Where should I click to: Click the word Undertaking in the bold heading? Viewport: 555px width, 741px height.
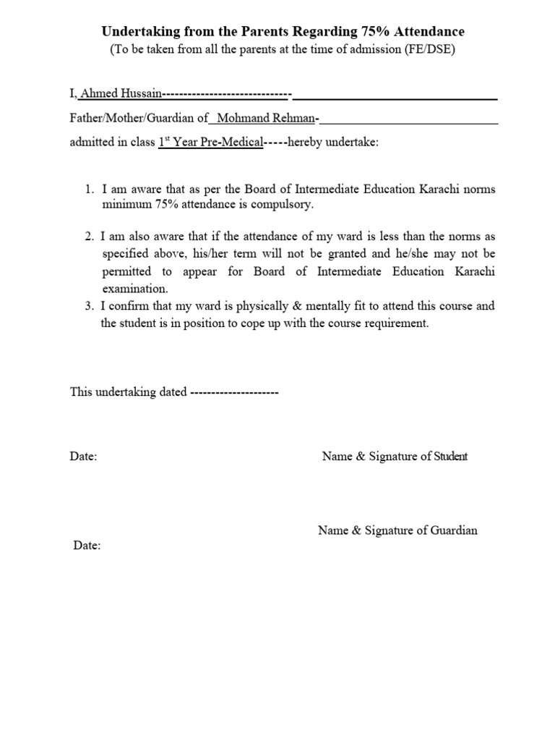point(137,32)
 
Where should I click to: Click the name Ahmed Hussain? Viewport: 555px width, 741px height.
point(121,94)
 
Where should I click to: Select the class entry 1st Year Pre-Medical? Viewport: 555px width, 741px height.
point(210,143)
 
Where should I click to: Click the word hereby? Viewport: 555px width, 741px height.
point(306,143)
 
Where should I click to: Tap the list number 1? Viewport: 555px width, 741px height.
point(88,189)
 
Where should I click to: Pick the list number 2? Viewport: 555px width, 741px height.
point(88,237)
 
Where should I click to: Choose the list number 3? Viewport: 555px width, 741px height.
point(88,305)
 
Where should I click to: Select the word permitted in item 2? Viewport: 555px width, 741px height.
point(126,271)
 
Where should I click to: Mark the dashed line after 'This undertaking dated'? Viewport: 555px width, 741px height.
point(234,391)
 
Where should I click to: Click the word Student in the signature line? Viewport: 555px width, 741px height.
point(450,456)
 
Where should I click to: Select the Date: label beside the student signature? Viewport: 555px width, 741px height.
point(83,457)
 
